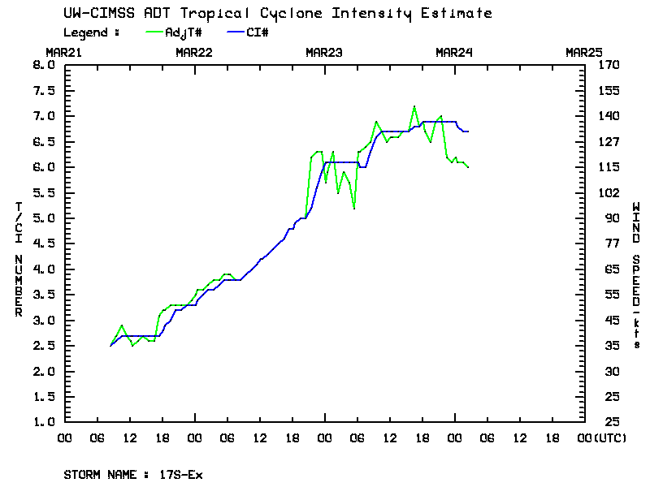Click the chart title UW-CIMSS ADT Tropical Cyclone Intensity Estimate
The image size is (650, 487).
(277, 14)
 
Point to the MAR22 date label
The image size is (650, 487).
(194, 52)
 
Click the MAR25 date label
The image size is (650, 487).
(584, 52)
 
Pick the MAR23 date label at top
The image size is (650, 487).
(324, 52)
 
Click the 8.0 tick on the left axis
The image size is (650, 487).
(42, 65)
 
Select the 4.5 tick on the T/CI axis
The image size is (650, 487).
(42, 243)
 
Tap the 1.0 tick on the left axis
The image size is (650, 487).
(42, 422)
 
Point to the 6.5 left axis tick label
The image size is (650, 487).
(42, 141)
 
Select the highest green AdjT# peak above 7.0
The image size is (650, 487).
(414, 106)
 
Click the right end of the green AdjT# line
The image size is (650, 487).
(469, 166)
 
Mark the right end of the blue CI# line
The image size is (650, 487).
(469, 131)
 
